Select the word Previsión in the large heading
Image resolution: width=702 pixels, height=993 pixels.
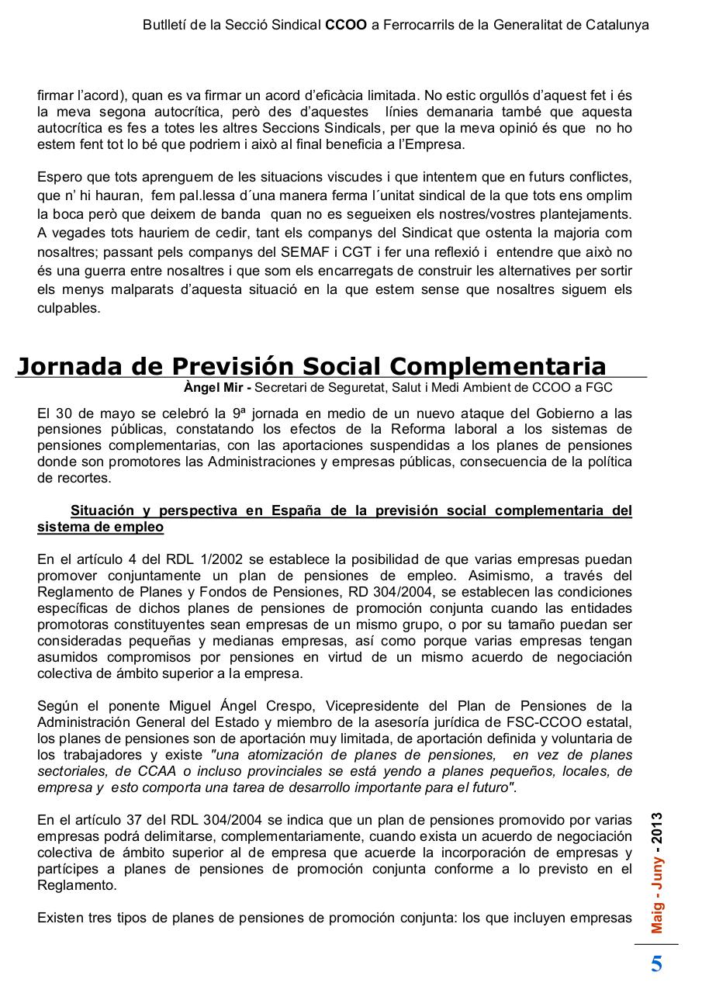[233, 365]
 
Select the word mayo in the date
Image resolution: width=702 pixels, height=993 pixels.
[116, 413]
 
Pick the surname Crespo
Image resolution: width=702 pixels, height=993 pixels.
[292, 706]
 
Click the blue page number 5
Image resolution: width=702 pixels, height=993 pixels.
[656, 964]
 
